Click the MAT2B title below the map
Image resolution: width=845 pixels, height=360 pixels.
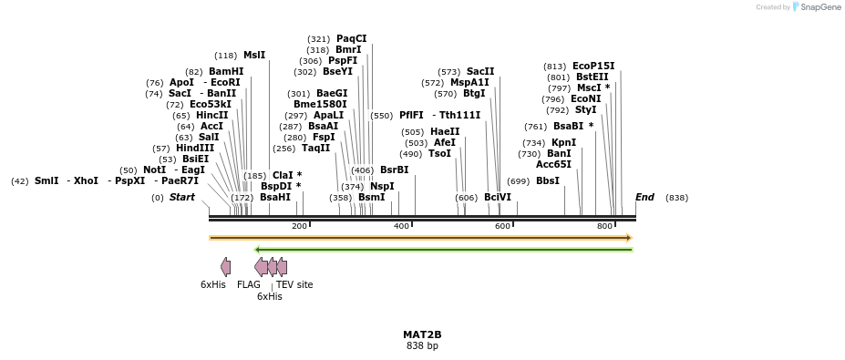coord(422,334)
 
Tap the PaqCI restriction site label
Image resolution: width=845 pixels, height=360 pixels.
coord(351,38)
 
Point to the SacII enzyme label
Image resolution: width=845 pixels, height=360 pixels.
coord(480,71)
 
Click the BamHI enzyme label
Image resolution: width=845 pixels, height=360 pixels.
coord(226,71)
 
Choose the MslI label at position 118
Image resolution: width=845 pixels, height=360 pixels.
coord(253,55)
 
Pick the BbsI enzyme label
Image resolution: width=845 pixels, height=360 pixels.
coord(548,181)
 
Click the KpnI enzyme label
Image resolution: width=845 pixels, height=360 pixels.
coord(563,142)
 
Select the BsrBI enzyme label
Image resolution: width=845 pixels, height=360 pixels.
coord(394,170)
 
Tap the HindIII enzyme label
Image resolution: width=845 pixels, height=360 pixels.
coord(195,148)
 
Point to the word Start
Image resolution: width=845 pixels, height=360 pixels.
coord(182,197)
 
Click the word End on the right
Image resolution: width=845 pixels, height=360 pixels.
coord(644,197)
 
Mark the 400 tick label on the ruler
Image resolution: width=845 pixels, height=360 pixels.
coord(401,226)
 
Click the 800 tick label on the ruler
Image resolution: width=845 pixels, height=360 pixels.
coord(604,226)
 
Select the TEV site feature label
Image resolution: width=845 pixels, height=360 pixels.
coord(294,284)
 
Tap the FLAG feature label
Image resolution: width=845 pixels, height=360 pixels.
coord(249,284)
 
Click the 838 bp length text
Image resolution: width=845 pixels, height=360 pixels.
coord(422,346)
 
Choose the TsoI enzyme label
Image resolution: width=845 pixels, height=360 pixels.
coord(439,153)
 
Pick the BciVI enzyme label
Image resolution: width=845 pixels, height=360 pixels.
coord(498,197)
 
